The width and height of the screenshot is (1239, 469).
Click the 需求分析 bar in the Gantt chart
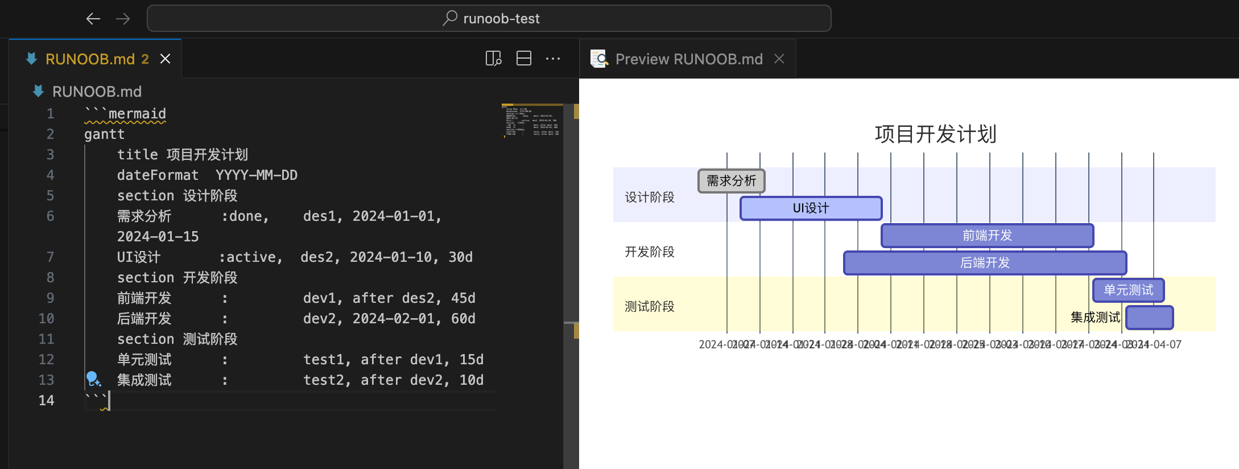click(731, 181)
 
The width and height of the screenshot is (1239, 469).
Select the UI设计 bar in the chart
click(811, 208)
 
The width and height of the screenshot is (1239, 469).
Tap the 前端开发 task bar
click(987, 236)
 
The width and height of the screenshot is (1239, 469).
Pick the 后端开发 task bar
click(985, 263)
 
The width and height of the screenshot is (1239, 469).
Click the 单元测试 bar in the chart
click(1128, 290)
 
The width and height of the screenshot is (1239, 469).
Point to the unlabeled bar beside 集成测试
click(1149, 318)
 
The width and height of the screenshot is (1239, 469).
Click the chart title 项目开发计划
click(935, 134)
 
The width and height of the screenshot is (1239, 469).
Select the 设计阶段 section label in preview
click(649, 198)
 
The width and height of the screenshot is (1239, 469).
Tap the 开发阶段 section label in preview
click(649, 252)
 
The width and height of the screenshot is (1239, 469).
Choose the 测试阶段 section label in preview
click(649, 307)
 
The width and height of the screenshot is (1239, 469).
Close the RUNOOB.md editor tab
click(165, 59)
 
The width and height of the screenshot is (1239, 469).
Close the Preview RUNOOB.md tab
click(779, 59)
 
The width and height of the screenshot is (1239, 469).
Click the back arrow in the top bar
click(93, 19)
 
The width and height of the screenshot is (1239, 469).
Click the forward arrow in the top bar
click(123, 19)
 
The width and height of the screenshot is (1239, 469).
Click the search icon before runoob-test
click(450, 18)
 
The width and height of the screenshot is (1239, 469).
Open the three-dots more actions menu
click(552, 59)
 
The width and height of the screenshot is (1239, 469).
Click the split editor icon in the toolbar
click(523, 59)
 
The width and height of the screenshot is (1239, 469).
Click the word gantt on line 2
click(104, 134)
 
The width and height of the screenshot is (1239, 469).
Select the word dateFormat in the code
click(158, 175)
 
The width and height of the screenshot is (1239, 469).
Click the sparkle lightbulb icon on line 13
click(93, 379)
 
